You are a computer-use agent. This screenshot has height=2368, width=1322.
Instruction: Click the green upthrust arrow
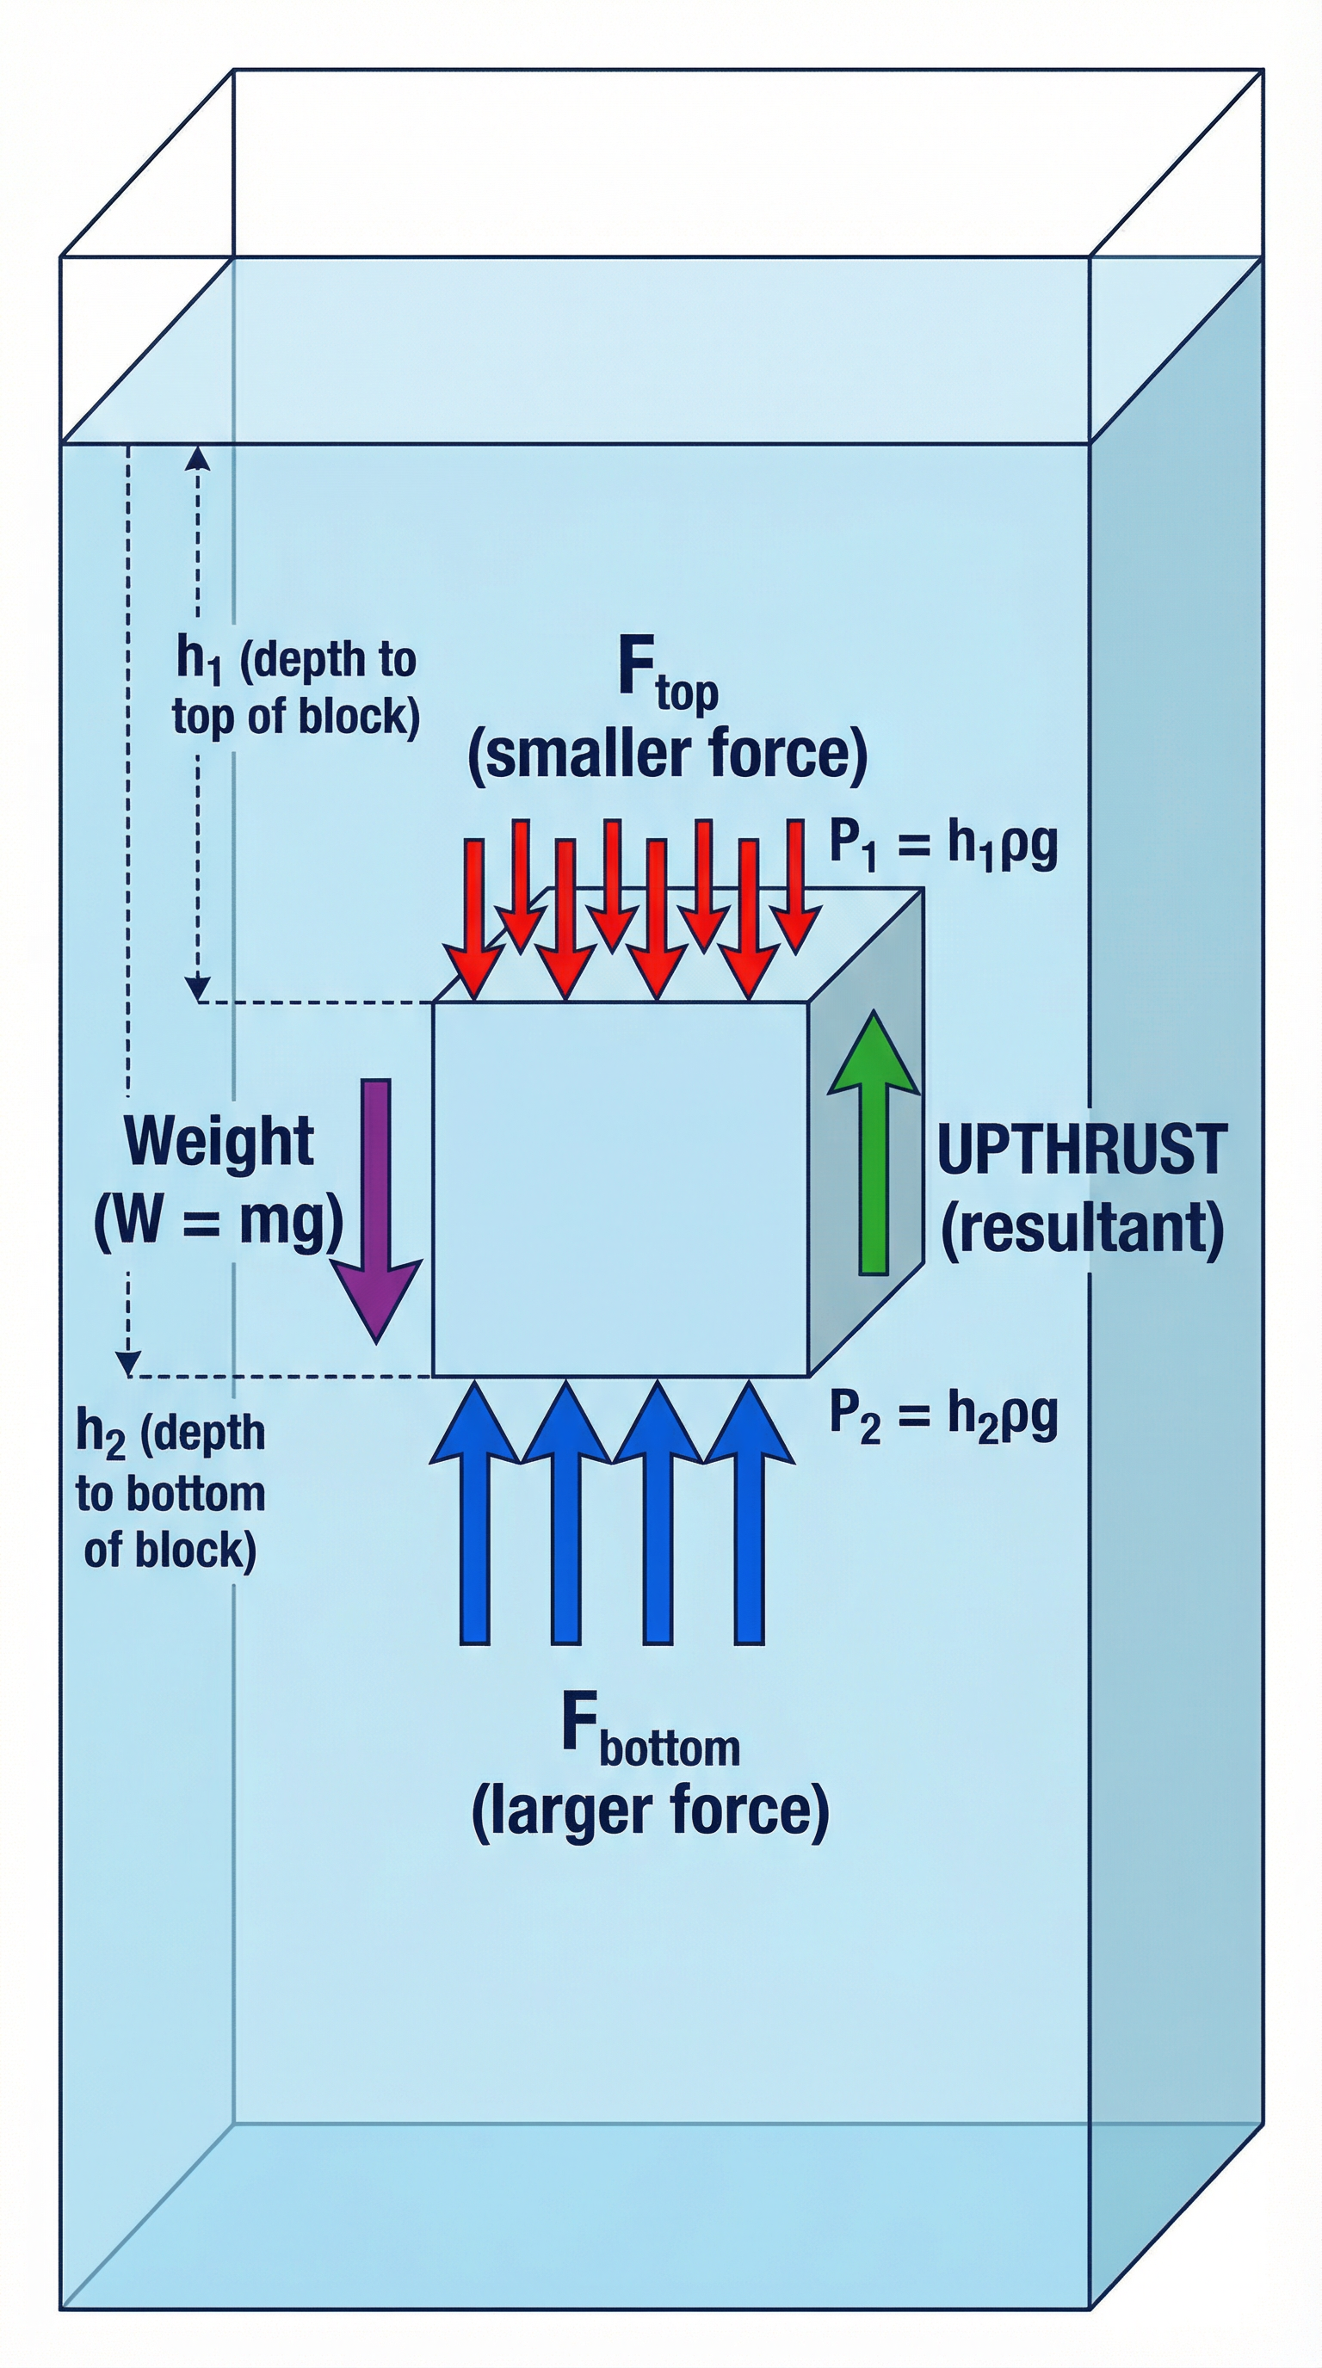874,1149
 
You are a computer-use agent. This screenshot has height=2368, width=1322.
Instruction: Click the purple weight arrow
376,1213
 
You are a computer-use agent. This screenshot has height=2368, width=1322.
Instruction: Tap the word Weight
219,1143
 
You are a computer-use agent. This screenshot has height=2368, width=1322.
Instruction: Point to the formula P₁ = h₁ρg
943,844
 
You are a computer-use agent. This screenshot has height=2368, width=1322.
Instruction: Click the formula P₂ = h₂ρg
943,1416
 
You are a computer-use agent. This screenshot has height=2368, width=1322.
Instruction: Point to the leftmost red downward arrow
474,919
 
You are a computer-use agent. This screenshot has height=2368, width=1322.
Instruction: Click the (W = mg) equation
219,1222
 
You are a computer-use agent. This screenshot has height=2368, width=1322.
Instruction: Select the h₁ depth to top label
295,688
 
